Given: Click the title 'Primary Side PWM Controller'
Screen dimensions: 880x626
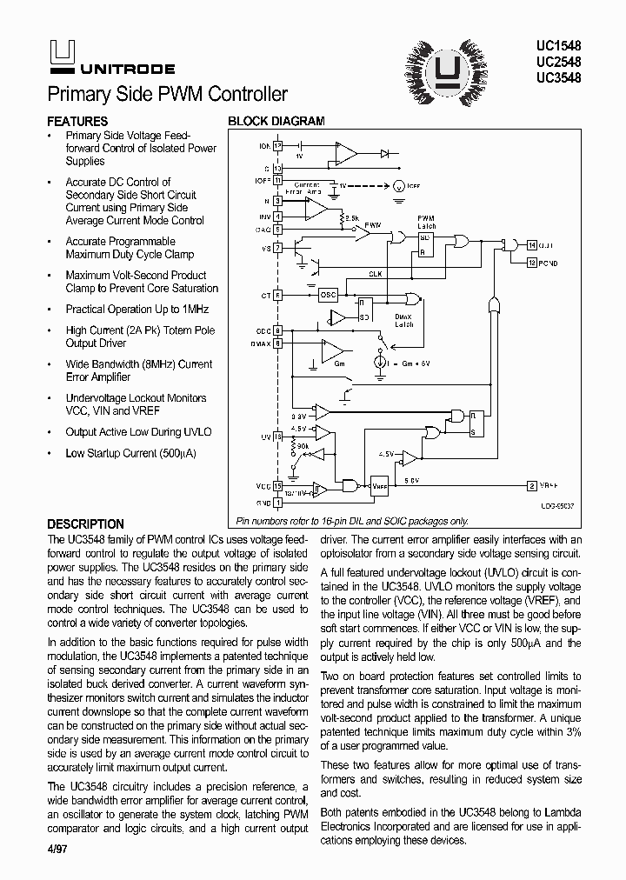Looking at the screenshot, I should point(167,94).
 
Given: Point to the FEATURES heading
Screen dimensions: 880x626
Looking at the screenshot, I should point(77,122).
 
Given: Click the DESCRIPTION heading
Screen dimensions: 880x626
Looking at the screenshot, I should point(85,524).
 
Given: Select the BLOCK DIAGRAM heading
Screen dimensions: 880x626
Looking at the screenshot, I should point(276,122).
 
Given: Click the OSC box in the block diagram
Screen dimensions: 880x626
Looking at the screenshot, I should point(327,294).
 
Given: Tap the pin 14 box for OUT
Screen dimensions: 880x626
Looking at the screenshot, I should point(532,247).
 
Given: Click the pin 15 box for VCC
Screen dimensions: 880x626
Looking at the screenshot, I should point(278,486).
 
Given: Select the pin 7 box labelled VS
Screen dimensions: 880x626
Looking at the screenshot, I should point(278,248).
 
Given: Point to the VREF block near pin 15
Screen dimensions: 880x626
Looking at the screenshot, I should point(380,487).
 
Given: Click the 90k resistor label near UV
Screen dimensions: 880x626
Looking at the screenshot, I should point(302,445).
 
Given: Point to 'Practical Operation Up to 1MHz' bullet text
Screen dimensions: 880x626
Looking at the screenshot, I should point(137,310).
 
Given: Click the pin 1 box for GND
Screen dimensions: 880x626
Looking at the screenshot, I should point(278,502).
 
